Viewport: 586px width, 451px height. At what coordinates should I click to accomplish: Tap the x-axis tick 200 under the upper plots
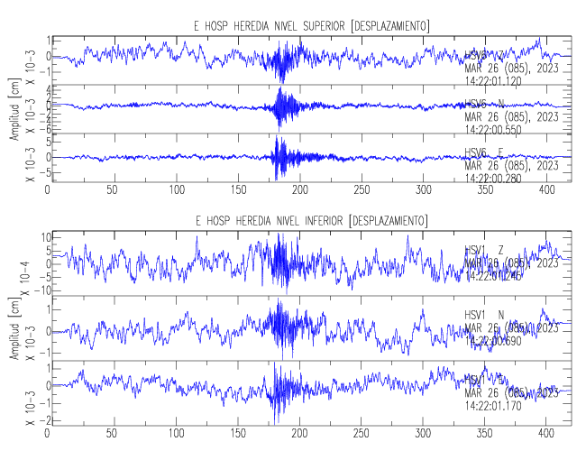point(300,191)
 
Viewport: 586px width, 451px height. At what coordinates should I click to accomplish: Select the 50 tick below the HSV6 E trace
point(112,191)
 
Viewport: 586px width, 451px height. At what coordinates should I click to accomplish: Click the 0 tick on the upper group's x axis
point(48,191)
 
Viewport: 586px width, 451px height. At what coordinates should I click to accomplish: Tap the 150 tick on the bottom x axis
point(238,433)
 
